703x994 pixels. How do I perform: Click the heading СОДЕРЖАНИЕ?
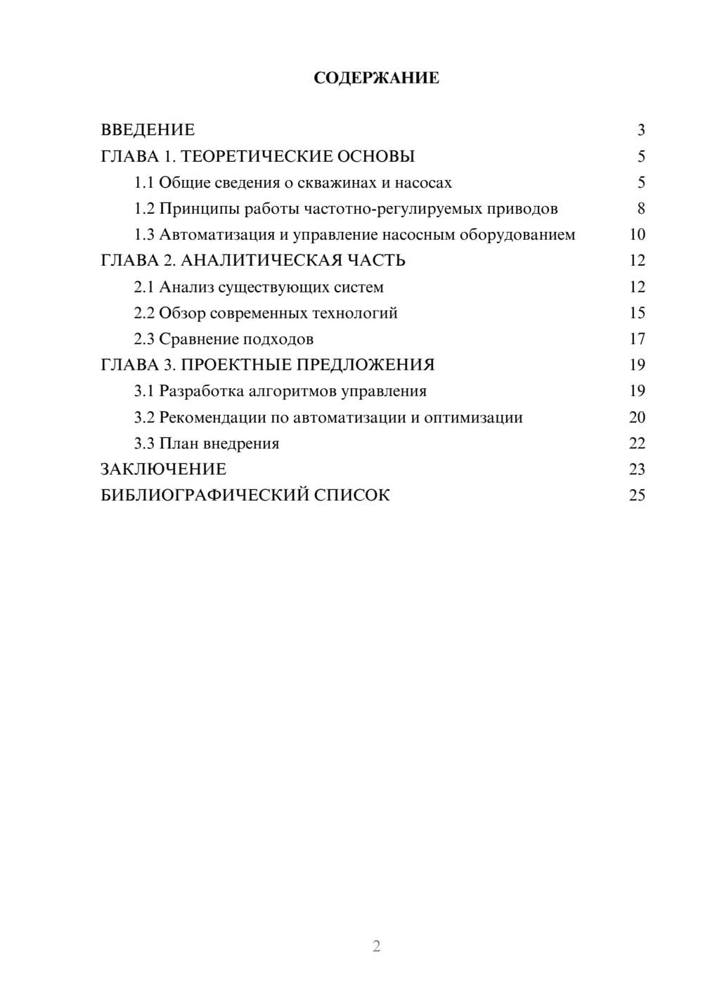376,78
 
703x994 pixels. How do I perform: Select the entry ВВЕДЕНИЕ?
148,130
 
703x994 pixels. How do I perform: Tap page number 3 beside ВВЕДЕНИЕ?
640,130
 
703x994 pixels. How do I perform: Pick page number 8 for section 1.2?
640,209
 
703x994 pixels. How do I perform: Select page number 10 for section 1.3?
637,235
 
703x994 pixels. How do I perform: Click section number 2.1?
144,287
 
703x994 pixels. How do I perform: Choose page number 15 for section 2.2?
637,313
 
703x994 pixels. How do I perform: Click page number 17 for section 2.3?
637,339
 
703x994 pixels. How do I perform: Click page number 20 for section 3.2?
637,418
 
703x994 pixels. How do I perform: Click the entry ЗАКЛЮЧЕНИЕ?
163,470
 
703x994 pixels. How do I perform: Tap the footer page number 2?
376,946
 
